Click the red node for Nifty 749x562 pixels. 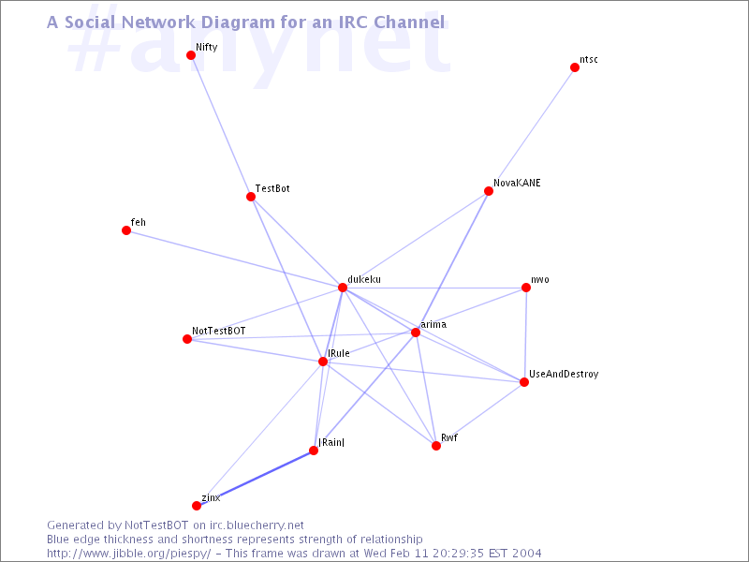[x=191, y=55]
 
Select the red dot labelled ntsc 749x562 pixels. [x=575, y=67]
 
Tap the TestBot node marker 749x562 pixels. [x=251, y=197]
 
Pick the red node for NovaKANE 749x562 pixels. [x=488, y=191]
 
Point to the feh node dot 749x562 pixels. [x=126, y=230]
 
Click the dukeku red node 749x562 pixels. [x=343, y=288]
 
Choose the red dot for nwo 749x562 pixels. [x=526, y=288]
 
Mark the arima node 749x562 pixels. [x=416, y=333]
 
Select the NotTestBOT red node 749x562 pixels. [x=187, y=339]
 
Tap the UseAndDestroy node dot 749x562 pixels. [x=524, y=382]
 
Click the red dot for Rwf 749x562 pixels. [x=436, y=446]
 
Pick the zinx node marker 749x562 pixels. [x=197, y=506]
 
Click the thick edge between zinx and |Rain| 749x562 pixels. [x=255, y=478]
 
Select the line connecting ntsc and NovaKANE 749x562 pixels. [x=532, y=129]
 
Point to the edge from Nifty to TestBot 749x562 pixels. [x=221, y=126]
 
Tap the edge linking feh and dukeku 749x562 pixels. [x=234, y=259]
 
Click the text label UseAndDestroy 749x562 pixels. [x=564, y=374]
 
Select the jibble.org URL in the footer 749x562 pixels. [x=129, y=554]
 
